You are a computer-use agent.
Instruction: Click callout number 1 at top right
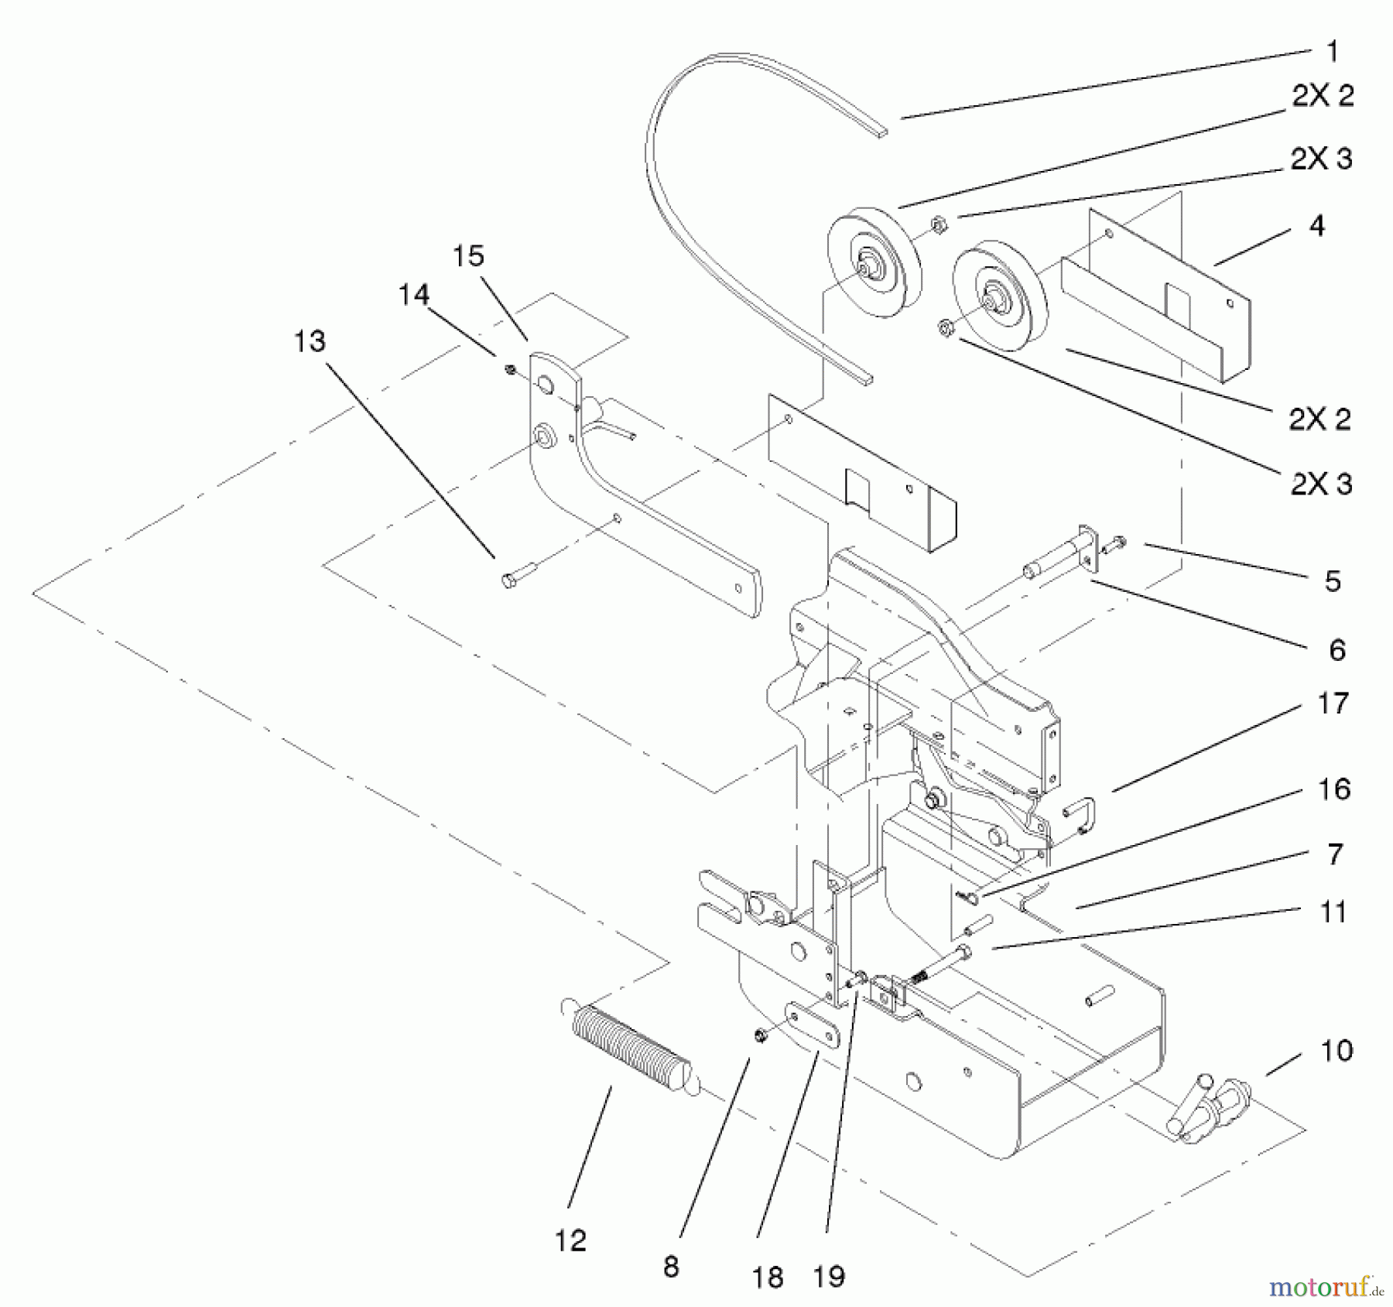pos(1332,52)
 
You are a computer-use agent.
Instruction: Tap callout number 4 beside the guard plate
pos(1316,225)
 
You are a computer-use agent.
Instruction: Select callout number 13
pos(310,341)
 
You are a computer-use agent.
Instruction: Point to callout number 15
pos(468,256)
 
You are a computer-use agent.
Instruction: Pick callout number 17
pos(1333,703)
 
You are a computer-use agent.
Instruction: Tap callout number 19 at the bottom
pos(829,1276)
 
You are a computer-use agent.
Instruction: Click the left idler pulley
pos(874,259)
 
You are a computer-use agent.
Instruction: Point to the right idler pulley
pos(1000,295)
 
